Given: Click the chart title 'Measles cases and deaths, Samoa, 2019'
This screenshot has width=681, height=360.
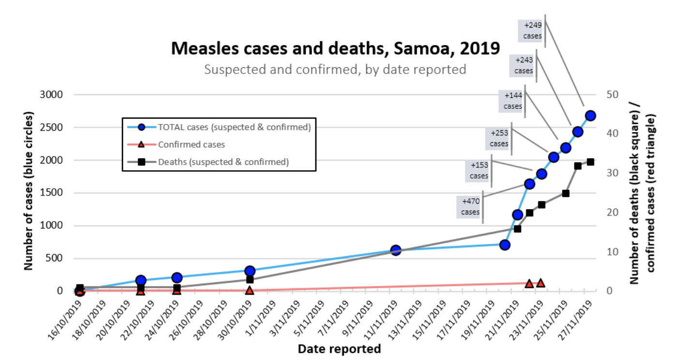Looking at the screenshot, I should click(335, 48).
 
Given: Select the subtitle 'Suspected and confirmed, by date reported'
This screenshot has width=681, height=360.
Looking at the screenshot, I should click(335, 69).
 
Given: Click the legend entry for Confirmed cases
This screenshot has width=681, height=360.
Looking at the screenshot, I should click(191, 144).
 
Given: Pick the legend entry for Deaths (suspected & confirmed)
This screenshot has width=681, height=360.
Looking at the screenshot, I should click(223, 162).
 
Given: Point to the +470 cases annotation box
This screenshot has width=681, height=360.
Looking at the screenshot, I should click(471, 206).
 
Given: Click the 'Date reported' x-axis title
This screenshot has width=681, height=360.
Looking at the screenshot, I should click(339, 348).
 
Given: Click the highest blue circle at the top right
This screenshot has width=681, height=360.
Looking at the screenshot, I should click(590, 116).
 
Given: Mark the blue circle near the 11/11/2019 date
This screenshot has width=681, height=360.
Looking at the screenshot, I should click(396, 250).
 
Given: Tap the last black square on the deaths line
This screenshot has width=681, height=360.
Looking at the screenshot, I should click(590, 162).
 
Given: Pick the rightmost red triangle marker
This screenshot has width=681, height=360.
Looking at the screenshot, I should click(541, 283).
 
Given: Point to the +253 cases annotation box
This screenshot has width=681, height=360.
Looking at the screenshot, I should click(499, 138).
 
